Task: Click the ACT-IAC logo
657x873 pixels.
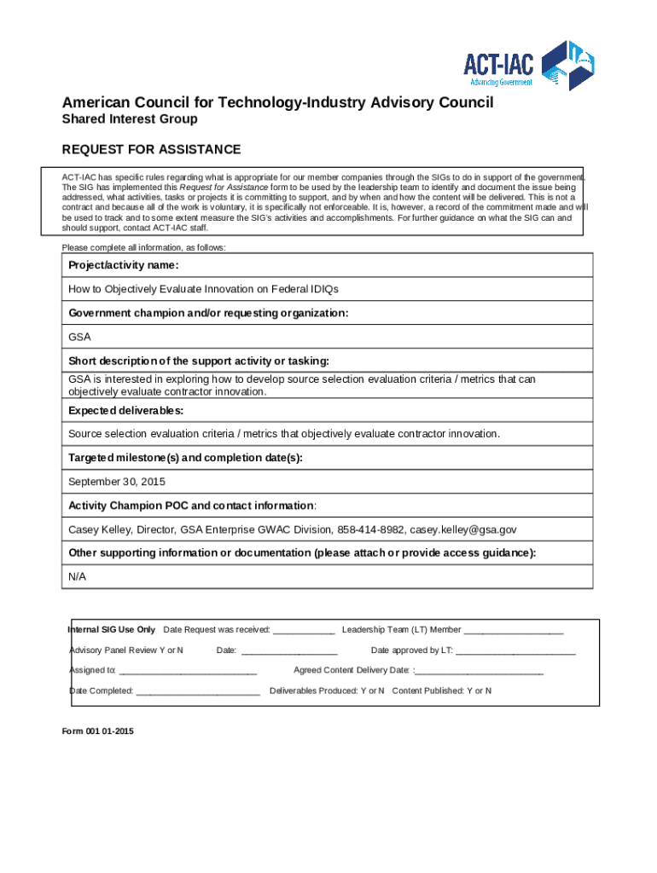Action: [x=529, y=65]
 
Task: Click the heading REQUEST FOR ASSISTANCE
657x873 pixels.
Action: [x=151, y=150]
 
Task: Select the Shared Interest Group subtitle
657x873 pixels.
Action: [x=130, y=119]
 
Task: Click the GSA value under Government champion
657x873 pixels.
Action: [x=79, y=337]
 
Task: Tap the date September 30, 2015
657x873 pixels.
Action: [x=117, y=482]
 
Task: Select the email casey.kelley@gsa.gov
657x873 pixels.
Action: [x=463, y=529]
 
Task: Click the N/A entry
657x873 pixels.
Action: [x=77, y=577]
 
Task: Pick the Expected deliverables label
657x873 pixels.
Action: [x=126, y=410]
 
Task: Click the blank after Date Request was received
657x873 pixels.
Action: [x=305, y=631]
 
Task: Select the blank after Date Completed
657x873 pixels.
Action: [x=198, y=692]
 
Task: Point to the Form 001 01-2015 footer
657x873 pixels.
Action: [x=97, y=731]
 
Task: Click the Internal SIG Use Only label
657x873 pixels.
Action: [x=112, y=630]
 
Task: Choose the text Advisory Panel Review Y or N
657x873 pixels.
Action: [x=125, y=650]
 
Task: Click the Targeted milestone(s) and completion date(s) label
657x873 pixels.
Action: [x=185, y=458]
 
